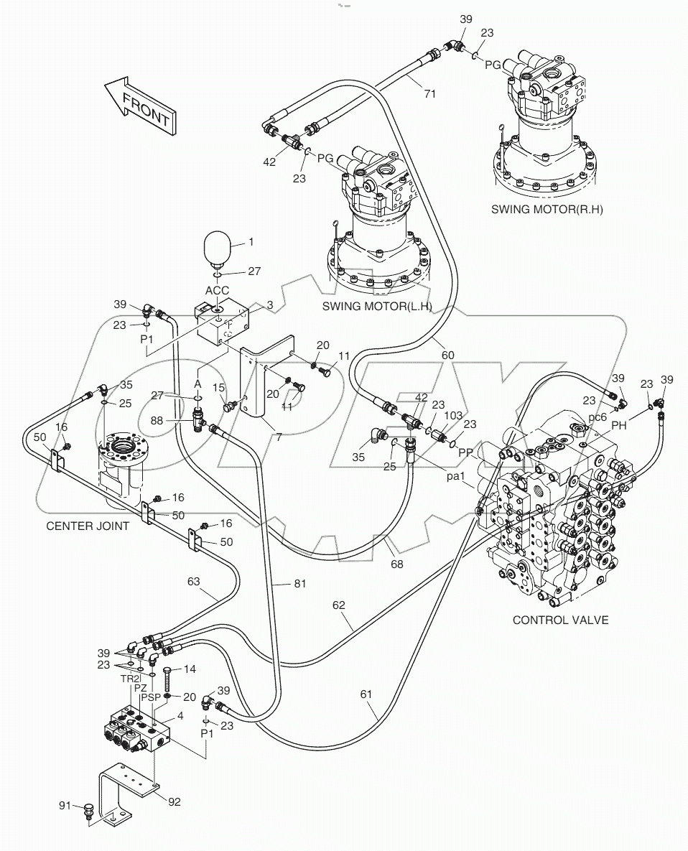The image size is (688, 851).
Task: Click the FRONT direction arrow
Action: click(x=140, y=105)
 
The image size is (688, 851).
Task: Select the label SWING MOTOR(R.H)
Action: click(x=547, y=210)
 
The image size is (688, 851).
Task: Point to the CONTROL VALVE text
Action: click(x=560, y=620)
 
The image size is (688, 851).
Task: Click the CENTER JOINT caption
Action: click(x=88, y=526)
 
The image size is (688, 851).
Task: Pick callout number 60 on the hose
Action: click(x=447, y=355)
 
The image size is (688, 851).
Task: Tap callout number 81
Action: click(x=299, y=584)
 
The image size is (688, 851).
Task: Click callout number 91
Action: click(x=65, y=806)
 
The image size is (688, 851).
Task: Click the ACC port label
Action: click(x=217, y=290)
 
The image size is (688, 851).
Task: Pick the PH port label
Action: click(x=619, y=426)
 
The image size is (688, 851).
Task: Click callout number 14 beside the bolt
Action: click(x=190, y=669)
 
